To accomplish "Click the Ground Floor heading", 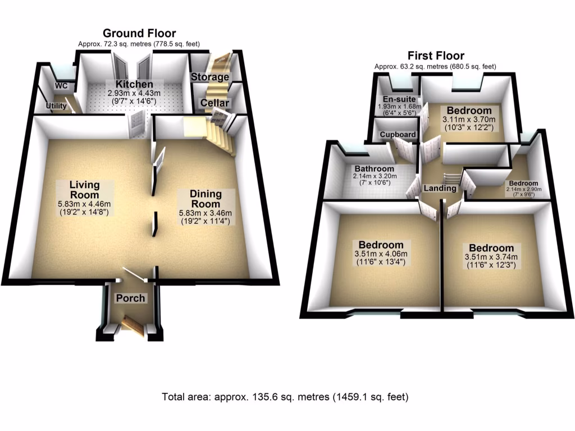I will pyautogui.click(x=139, y=34).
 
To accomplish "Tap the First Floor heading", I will pyautogui.click(x=436, y=56).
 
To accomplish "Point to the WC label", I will pyautogui.click(x=61, y=86).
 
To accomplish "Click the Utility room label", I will pyautogui.click(x=57, y=106).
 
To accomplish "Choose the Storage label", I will pyautogui.click(x=210, y=77).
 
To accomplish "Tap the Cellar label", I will pyautogui.click(x=215, y=103).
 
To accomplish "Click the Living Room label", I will pyautogui.click(x=85, y=189).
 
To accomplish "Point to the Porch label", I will pyautogui.click(x=130, y=298).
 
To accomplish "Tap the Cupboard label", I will pyautogui.click(x=398, y=135).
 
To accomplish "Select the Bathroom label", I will pyautogui.click(x=374, y=168).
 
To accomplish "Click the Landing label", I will pyautogui.click(x=440, y=188).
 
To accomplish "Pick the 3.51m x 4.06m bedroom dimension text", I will pyautogui.click(x=381, y=254).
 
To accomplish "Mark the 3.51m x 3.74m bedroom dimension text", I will pyautogui.click(x=491, y=258).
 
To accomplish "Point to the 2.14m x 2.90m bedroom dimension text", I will pyautogui.click(x=522, y=190).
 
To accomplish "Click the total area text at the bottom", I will pyautogui.click(x=285, y=397).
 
